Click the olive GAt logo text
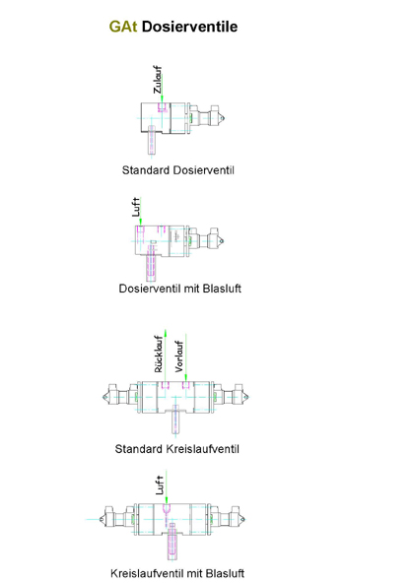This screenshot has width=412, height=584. pos(123,27)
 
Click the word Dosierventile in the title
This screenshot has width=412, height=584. pos(190,27)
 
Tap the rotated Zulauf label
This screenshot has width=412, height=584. pos(158,80)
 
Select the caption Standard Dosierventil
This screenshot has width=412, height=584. pos(178,170)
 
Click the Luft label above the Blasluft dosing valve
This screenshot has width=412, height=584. pos(136,207)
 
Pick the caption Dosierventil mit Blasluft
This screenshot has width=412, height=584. pos(180,289)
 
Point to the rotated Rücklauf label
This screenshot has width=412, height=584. pos(159,355)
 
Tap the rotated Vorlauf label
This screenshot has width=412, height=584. pos(179,357)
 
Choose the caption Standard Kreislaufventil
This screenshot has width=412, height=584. pos(177,449)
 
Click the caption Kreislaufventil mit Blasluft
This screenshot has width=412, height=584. pos(177,573)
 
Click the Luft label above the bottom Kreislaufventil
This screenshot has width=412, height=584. pos(160,485)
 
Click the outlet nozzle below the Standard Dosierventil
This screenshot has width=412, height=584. pos(152,140)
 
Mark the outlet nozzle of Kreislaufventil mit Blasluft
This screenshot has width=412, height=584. pos(172,542)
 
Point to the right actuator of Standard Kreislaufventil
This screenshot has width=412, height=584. pos(231,396)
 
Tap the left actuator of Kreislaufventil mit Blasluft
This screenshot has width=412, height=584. pos(117,519)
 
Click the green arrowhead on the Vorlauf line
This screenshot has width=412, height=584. pos(185,377)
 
